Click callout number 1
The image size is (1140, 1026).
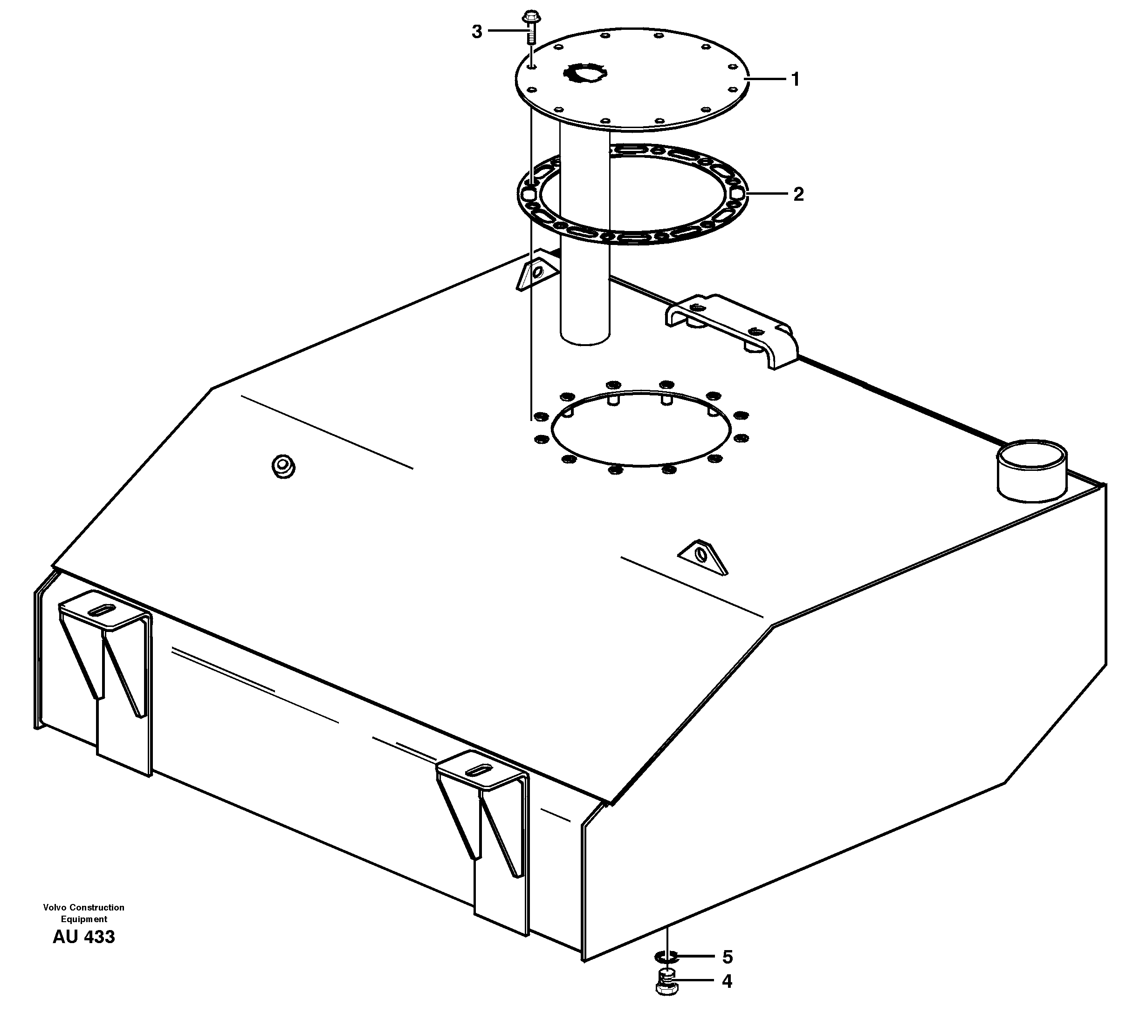click(x=796, y=80)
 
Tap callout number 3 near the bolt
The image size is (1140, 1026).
click(x=477, y=32)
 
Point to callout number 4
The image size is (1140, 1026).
click(x=727, y=981)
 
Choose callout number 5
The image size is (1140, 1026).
click(x=727, y=957)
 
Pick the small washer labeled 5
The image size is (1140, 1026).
click(x=666, y=957)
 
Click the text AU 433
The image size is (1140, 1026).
click(x=83, y=937)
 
